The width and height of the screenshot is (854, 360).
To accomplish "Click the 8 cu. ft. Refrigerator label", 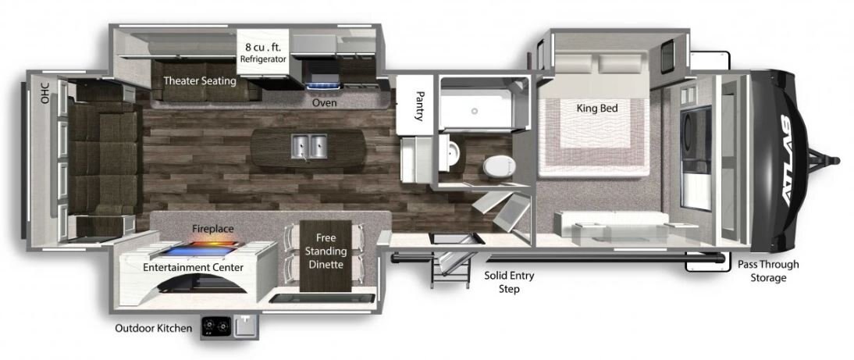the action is [263, 53].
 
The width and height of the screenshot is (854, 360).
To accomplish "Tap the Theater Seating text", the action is [200, 81].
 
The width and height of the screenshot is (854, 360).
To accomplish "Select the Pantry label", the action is [419, 105].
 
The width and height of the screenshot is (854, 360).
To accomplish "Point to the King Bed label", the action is [597, 109].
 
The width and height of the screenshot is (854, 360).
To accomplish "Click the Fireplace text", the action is [213, 230].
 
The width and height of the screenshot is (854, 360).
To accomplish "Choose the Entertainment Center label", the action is [193, 267].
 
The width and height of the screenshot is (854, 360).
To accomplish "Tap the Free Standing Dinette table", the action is [326, 255].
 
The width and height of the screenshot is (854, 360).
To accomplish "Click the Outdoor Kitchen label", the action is [154, 329].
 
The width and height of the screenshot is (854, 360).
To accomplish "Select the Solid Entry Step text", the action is [509, 282].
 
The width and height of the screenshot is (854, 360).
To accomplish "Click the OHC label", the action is [44, 93].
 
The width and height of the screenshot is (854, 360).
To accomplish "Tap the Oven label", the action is [324, 103].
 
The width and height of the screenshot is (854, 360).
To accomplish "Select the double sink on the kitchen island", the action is [308, 146].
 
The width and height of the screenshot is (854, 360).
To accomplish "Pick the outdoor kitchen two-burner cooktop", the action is [215, 326].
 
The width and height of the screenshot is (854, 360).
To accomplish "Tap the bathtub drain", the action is [475, 111].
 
